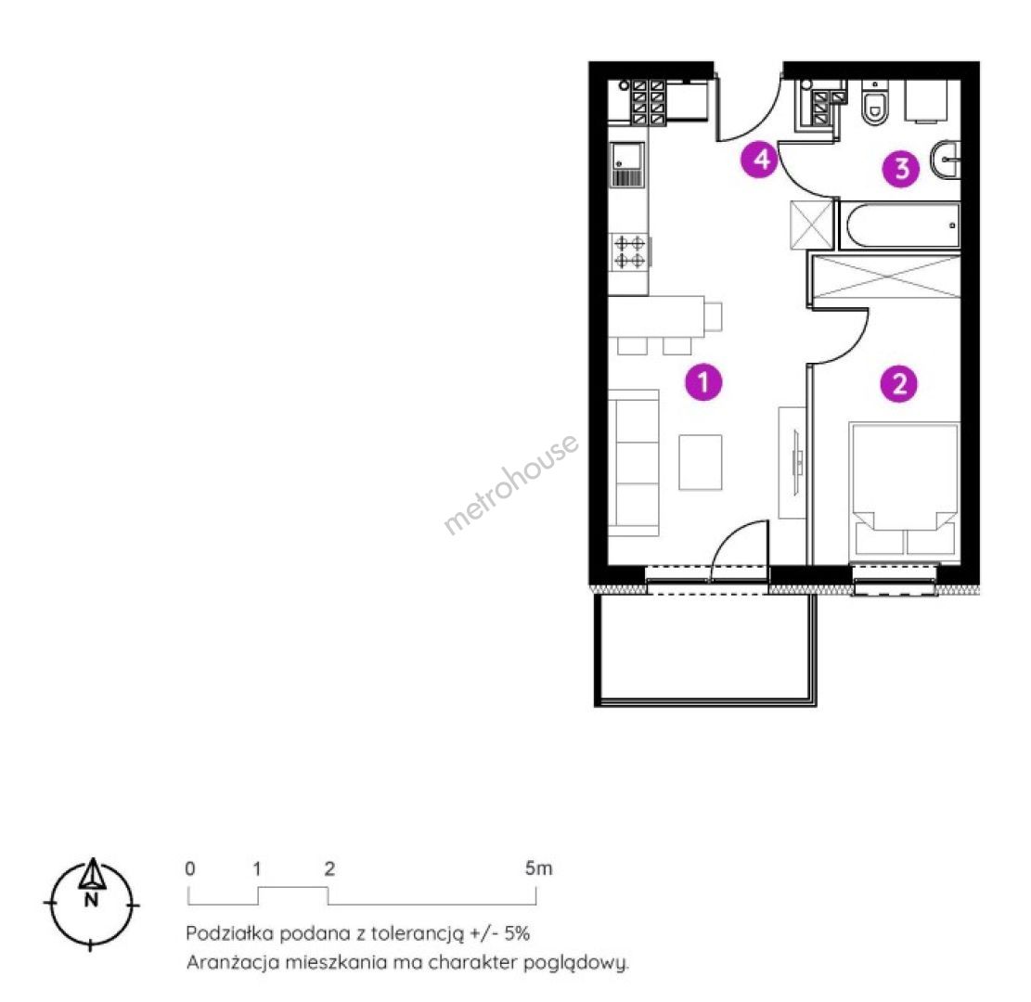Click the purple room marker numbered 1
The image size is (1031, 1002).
702,382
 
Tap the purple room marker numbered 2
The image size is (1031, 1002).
899,383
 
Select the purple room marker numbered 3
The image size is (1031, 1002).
901,169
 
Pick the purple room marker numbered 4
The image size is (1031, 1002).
759,159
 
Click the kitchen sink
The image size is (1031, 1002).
627,165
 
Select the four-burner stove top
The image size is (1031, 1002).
630,252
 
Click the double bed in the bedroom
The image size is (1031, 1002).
904,491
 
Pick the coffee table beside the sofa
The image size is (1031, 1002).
701,462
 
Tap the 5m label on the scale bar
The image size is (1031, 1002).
538,868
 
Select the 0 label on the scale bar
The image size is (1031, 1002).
190,869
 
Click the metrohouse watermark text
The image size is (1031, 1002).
511,483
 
